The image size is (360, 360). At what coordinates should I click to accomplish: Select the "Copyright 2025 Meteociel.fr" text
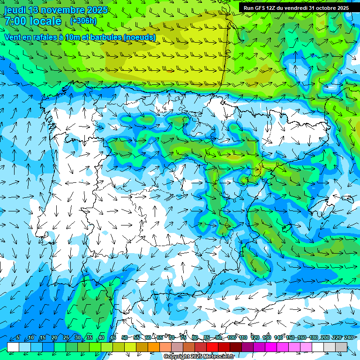199,357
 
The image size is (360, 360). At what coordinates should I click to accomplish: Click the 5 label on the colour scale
18,338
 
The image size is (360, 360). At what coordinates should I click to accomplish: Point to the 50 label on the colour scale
124,338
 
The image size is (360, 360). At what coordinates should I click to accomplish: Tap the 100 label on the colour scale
231,338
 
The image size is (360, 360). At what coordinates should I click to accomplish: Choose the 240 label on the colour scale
349,338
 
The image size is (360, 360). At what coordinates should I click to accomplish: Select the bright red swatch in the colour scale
212,347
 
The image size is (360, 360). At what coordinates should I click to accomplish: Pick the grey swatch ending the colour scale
341,347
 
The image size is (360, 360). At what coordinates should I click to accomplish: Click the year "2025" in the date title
97,10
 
